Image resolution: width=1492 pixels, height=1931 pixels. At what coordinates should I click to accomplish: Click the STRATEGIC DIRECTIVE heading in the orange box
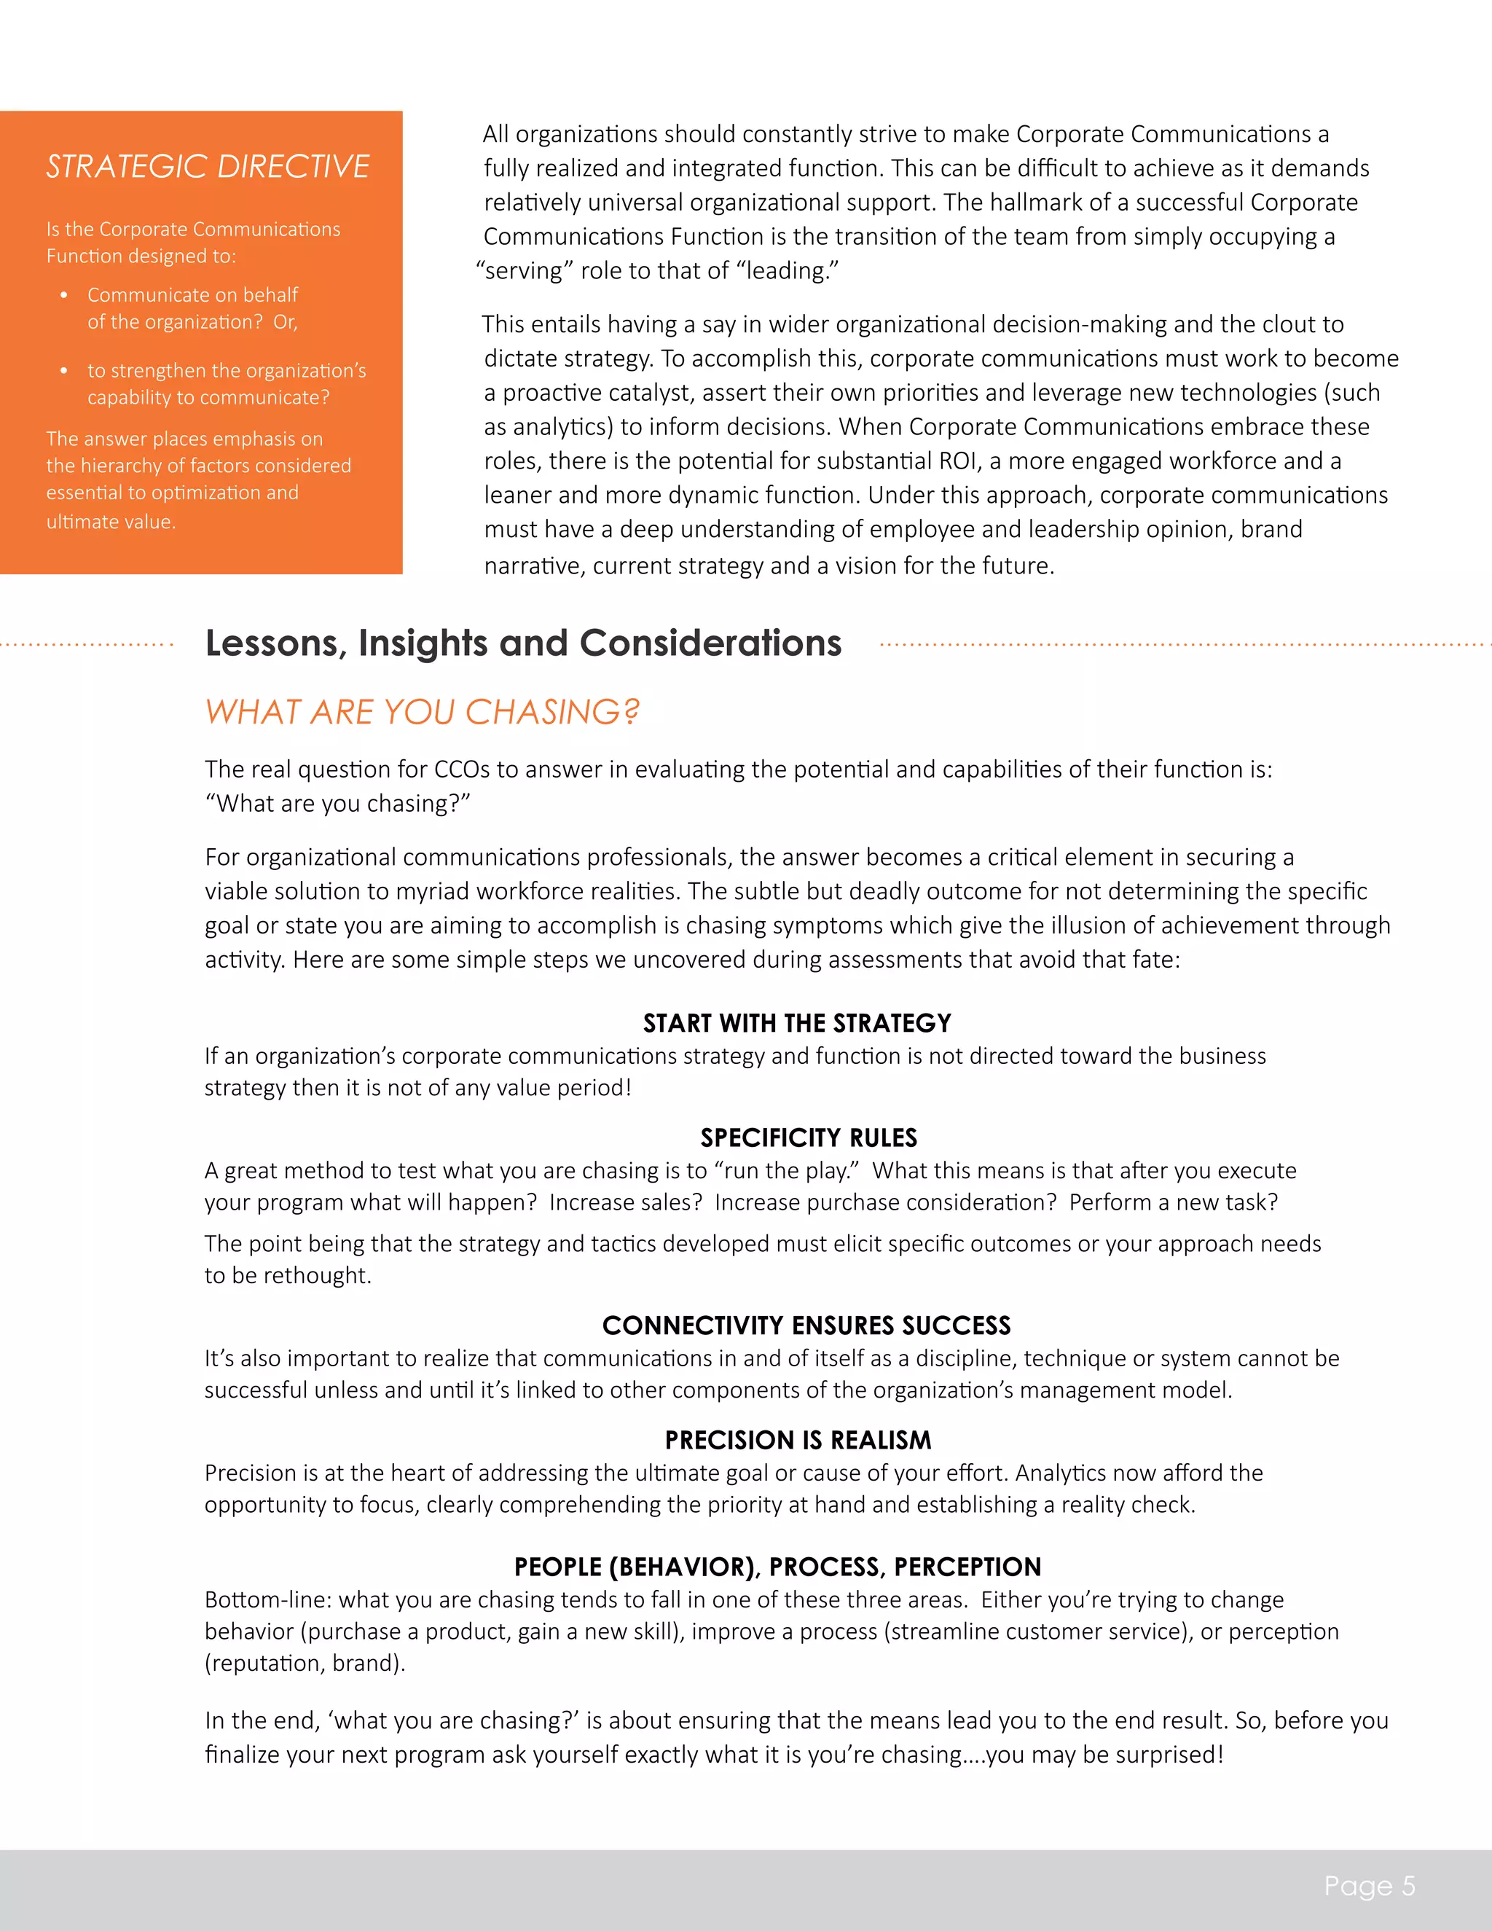[208, 166]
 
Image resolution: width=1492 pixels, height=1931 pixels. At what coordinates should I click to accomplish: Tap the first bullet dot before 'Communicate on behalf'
[63, 295]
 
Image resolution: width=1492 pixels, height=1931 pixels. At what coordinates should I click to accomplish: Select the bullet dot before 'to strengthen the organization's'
[63, 370]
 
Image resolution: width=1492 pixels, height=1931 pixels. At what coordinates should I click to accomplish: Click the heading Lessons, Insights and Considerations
[523, 643]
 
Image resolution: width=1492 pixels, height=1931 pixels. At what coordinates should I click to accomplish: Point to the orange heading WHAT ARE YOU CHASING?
[422, 712]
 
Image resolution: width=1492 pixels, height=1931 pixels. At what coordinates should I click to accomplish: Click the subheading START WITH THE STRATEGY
[796, 1023]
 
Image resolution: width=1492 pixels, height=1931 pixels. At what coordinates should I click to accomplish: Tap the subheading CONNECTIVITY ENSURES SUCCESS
[806, 1325]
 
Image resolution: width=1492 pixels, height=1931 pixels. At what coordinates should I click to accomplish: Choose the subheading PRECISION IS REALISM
[797, 1441]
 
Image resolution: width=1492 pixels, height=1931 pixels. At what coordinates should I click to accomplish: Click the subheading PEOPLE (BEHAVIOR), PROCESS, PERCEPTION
[777, 1567]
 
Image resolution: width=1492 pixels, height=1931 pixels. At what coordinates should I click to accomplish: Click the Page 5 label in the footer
[1369, 1886]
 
